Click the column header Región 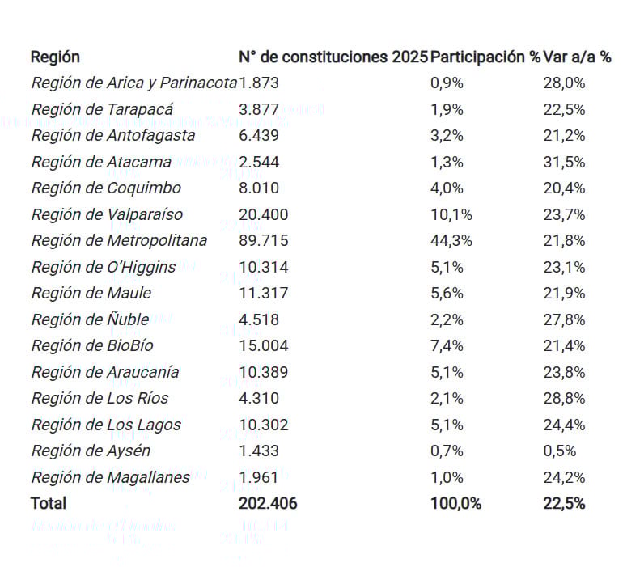(55, 57)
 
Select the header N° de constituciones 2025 (333, 57)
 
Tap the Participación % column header (485, 57)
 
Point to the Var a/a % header (577, 57)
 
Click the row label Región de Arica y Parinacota (134, 83)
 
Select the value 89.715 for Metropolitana (264, 240)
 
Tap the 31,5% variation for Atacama (564, 162)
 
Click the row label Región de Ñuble (90, 319)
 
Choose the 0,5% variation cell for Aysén (560, 451)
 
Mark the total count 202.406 (268, 503)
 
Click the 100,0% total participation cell (455, 503)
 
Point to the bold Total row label (49, 503)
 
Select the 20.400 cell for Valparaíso (264, 214)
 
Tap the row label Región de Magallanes (111, 477)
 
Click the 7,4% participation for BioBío (447, 345)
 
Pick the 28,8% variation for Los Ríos (564, 398)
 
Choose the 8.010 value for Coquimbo (259, 188)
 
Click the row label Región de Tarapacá (102, 109)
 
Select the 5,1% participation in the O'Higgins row (447, 267)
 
